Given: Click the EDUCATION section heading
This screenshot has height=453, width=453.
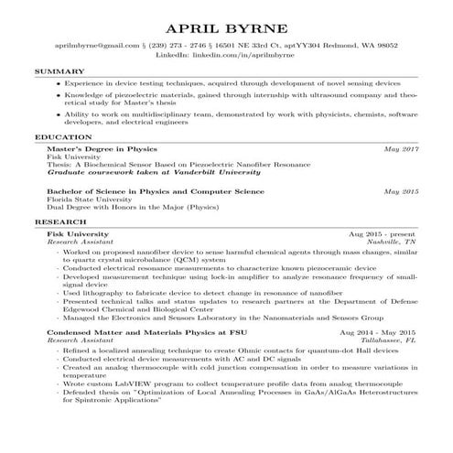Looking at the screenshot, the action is pos(58,136).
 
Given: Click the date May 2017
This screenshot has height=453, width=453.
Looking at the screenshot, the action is pos(401,147).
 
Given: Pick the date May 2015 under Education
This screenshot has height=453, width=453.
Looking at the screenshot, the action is pos(401,191).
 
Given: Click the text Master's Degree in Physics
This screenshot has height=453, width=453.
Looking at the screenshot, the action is pos(102,147).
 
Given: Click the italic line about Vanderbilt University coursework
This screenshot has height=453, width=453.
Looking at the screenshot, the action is pos(140,171).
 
